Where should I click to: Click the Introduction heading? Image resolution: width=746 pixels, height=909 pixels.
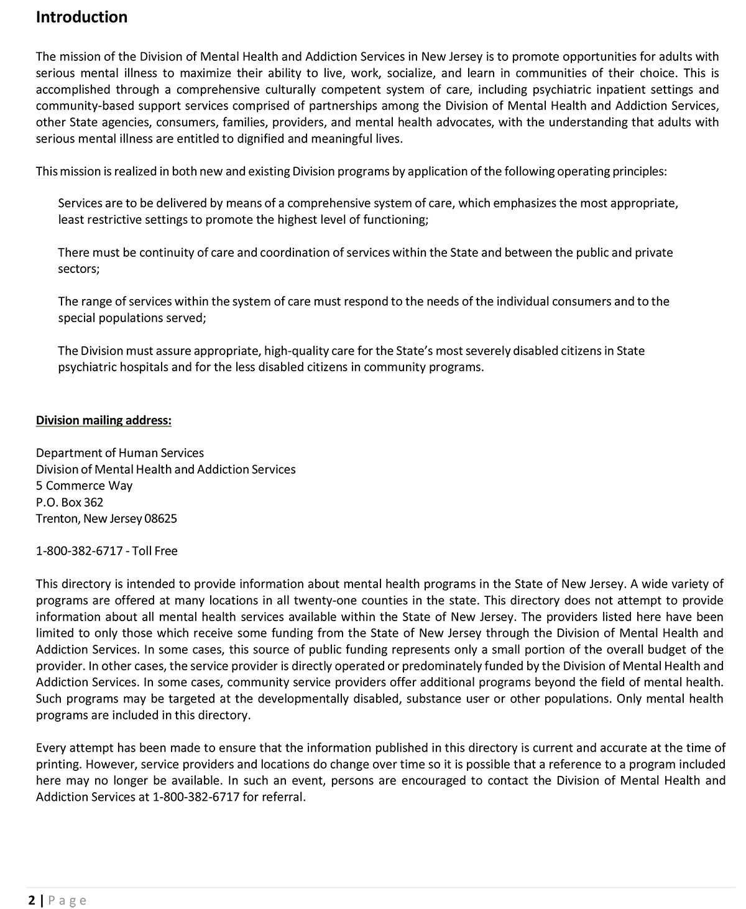pos(81,17)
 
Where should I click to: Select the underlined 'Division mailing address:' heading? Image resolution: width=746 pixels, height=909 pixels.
pos(103,420)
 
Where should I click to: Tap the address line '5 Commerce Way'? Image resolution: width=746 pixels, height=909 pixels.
pos(84,486)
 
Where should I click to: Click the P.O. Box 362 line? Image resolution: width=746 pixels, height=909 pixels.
pos(70,502)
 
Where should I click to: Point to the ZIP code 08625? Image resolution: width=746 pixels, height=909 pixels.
pos(160,519)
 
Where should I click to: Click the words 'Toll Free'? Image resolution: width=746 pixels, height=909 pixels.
pos(155,551)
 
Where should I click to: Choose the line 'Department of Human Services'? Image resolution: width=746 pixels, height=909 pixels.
pos(119,453)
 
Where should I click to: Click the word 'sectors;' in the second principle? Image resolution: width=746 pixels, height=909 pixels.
pos(78,269)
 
